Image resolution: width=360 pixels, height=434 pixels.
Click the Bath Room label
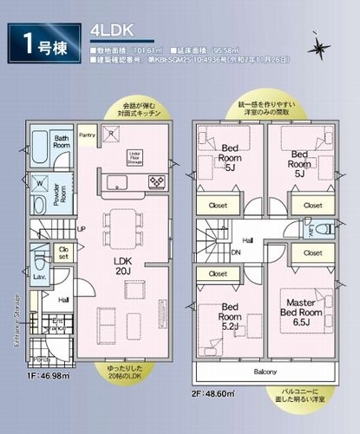(x=60, y=141)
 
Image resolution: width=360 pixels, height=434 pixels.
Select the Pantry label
(x=87, y=135)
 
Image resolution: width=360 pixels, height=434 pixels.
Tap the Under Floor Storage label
(x=134, y=156)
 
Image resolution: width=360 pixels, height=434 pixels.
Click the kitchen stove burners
(x=159, y=181)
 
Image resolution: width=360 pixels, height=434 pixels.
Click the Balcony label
(x=266, y=372)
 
